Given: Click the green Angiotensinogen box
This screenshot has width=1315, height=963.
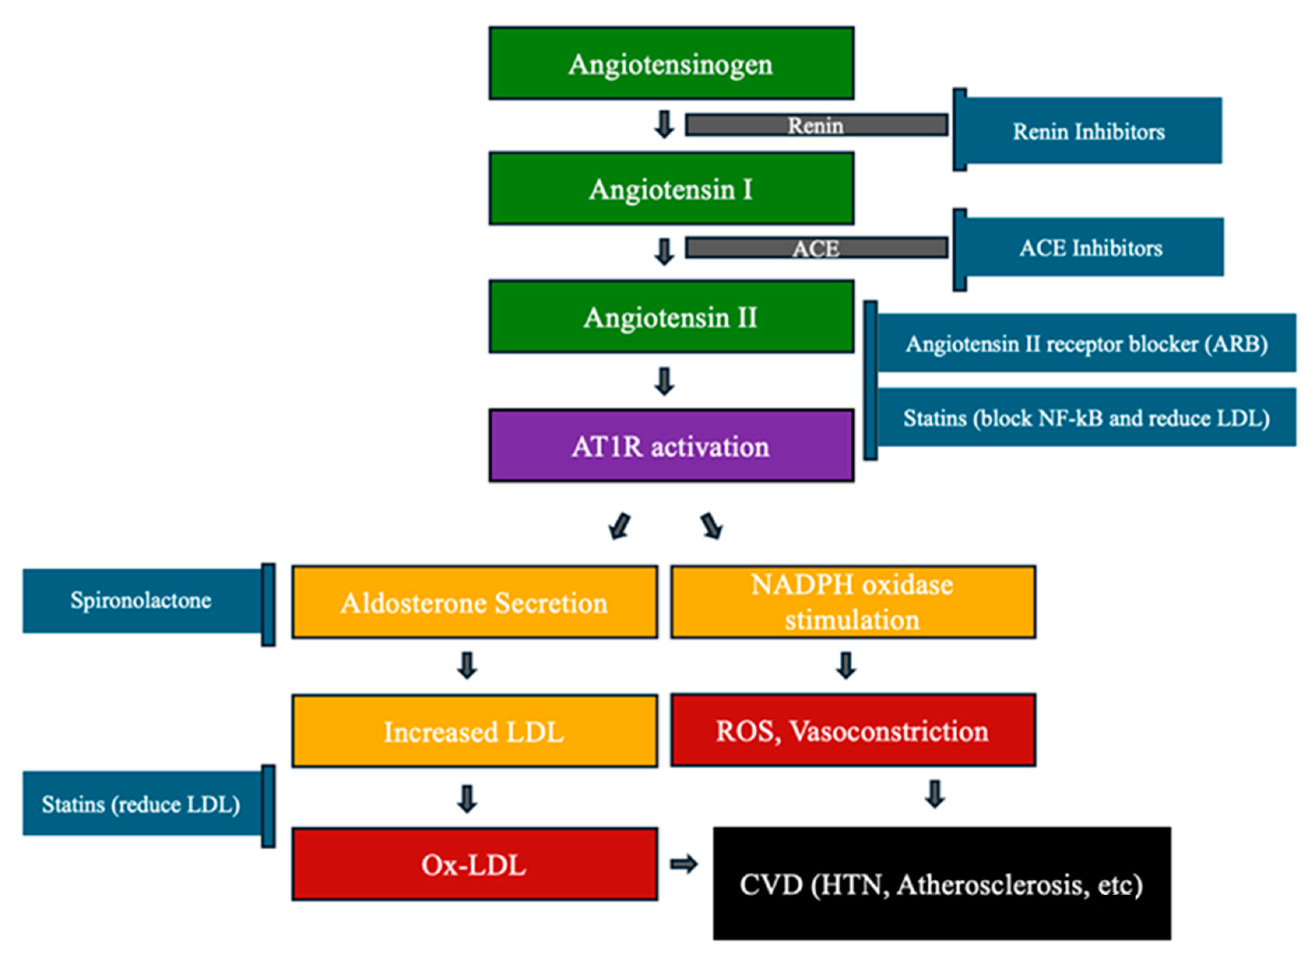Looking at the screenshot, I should pos(671,63).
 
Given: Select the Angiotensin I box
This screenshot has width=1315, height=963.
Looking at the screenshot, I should pos(671,188).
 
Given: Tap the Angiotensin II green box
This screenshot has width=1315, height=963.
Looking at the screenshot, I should pos(671,316).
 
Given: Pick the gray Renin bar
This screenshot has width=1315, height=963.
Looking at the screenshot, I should pos(816,125).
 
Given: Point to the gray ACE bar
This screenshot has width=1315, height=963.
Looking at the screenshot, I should pos(816,248).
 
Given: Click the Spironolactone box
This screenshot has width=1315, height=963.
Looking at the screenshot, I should pos(142,601).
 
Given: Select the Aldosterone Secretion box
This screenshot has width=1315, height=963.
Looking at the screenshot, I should pos(475,602).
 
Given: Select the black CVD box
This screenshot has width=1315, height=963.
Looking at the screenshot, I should pos(941,883).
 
